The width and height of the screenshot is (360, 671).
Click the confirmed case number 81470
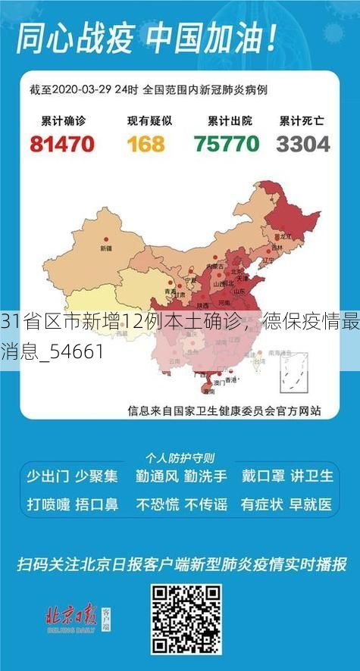(61, 143)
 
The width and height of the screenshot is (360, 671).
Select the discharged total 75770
(227, 143)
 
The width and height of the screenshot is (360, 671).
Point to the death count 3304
(302, 143)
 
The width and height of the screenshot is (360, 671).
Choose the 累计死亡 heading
(302, 120)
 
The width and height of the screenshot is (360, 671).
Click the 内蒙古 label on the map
(214, 266)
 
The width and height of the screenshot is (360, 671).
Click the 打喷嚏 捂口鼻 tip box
(73, 503)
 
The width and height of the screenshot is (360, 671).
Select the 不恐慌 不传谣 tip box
(180, 503)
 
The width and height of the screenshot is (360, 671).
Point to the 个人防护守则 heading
(180, 457)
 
